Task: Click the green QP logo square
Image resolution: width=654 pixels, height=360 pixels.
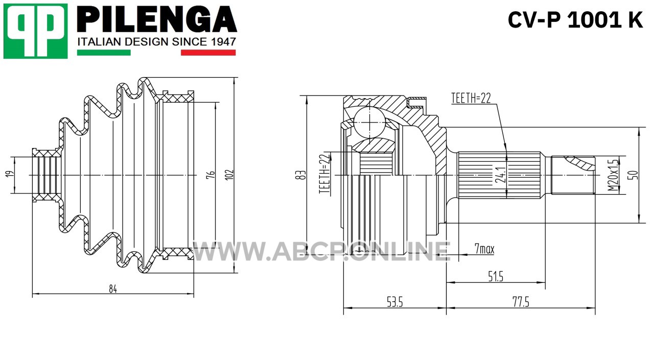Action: pyautogui.click(x=36, y=31)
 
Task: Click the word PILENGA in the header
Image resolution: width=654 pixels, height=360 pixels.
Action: pyautogui.click(x=157, y=19)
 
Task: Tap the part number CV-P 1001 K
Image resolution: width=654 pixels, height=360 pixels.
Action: pyautogui.click(x=575, y=20)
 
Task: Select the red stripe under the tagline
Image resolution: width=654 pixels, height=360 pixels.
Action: pyautogui.click(x=208, y=53)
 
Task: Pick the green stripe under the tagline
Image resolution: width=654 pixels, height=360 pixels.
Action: pyautogui.click(x=104, y=53)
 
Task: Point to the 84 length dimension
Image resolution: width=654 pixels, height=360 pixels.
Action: pyautogui.click(x=113, y=289)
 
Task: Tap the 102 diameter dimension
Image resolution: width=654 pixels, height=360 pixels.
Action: pyautogui.click(x=230, y=175)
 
